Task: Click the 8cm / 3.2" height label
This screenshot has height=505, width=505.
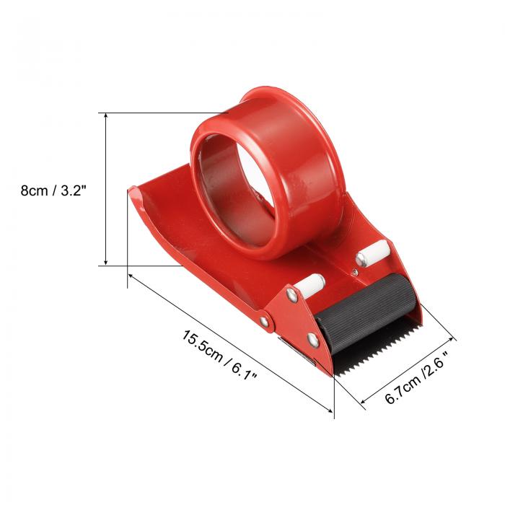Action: tap(53, 190)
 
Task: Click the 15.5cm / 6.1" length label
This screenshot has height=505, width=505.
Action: tap(220, 355)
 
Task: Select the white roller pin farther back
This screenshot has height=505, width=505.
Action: tap(373, 253)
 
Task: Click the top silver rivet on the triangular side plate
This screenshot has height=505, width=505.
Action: tap(292, 295)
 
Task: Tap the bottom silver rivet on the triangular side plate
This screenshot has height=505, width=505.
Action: tap(312, 341)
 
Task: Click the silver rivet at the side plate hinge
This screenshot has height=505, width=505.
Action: tap(265, 321)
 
